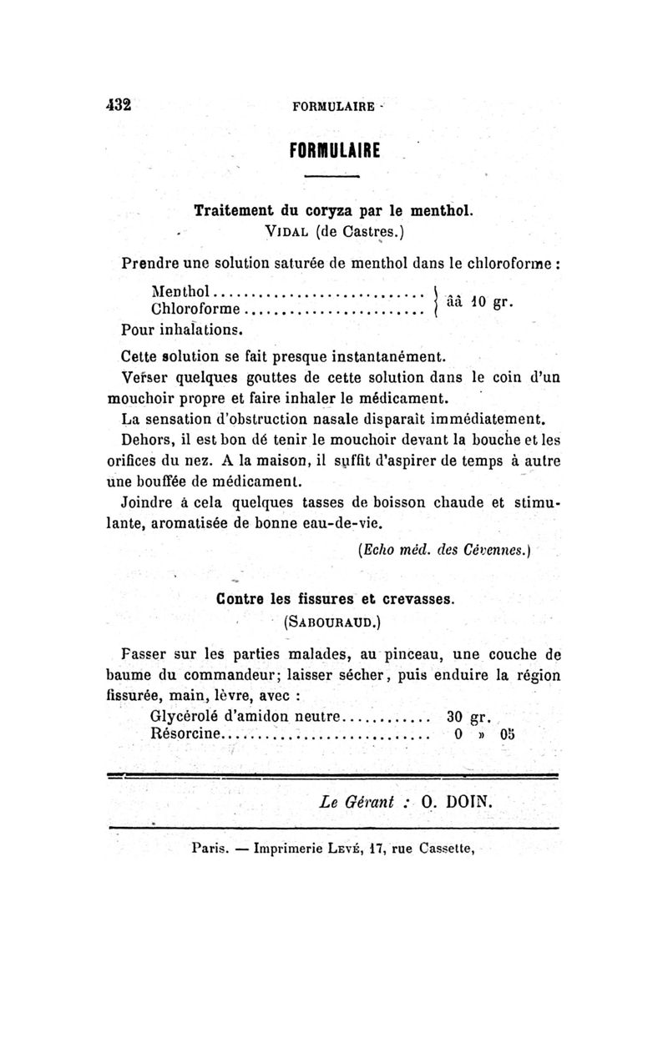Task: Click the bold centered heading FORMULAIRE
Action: [334, 151]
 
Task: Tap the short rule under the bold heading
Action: [331, 177]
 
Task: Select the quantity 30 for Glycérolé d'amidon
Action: [455, 716]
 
